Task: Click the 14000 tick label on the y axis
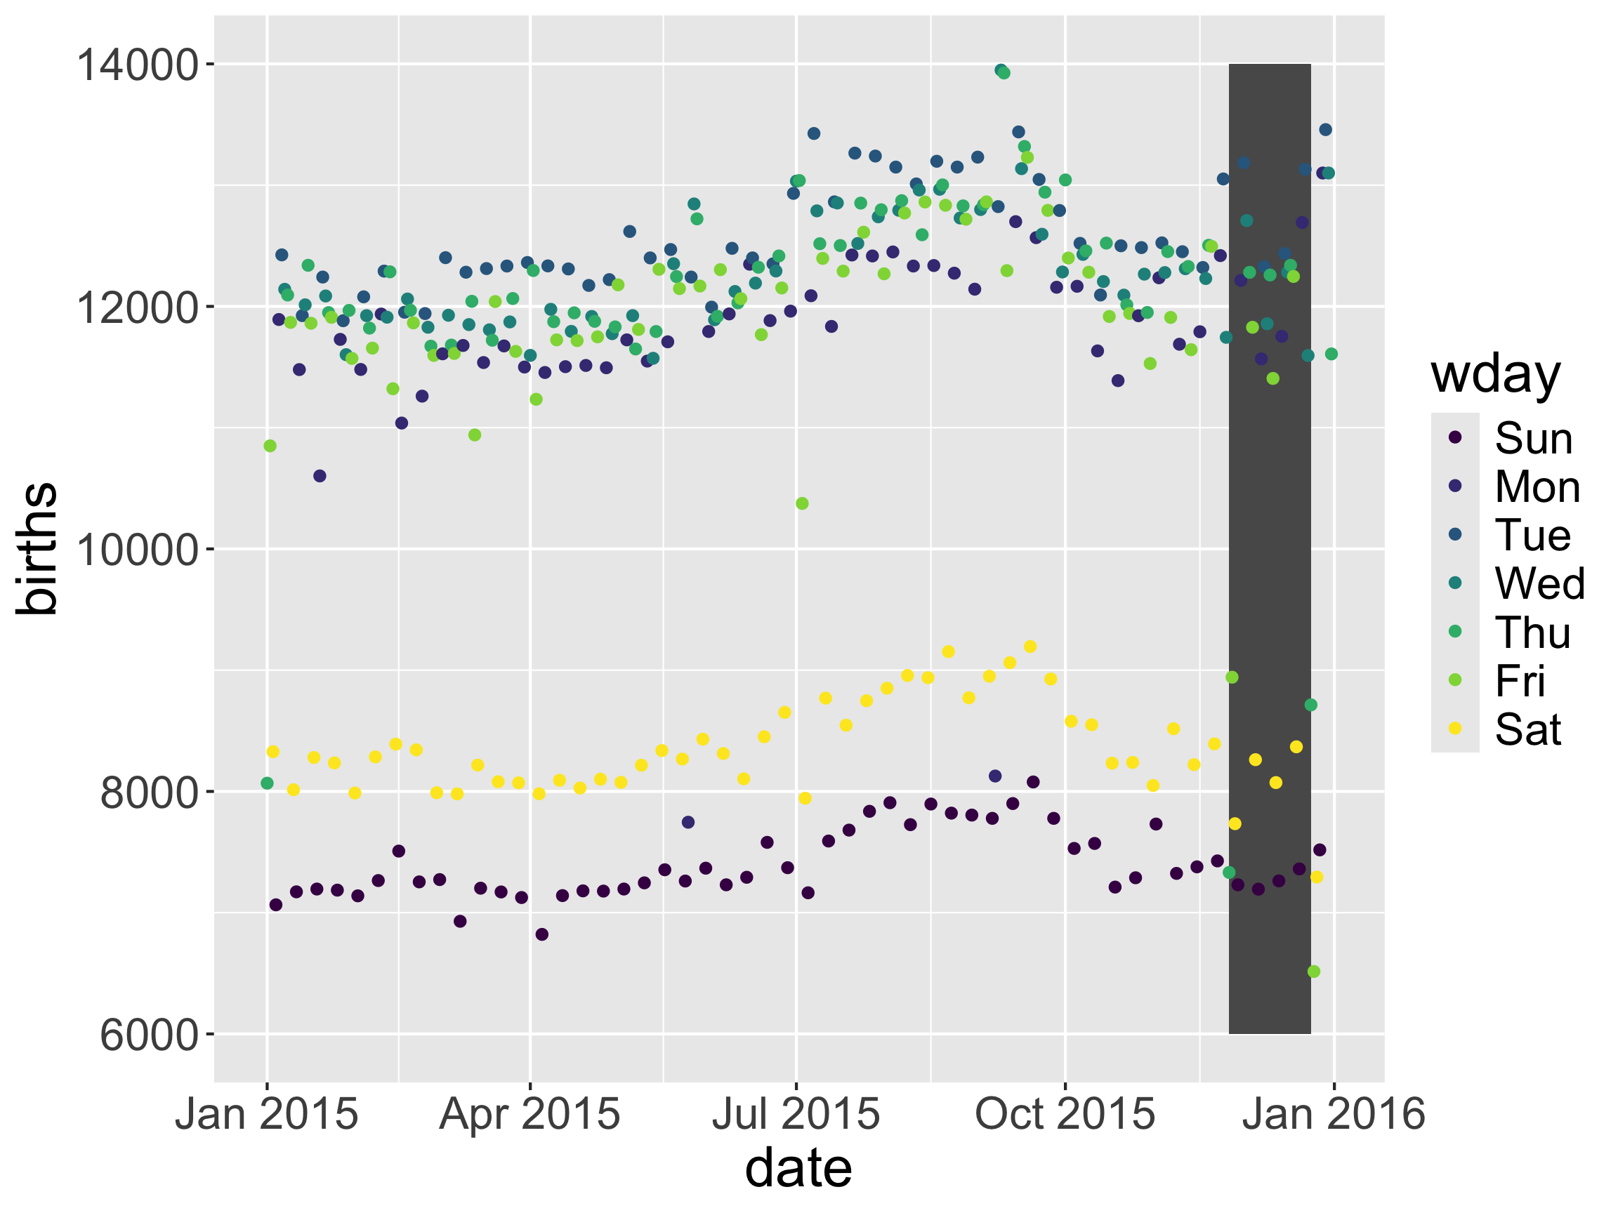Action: (138, 65)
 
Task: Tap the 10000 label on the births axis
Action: (138, 550)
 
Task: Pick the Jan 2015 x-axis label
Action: (266, 1114)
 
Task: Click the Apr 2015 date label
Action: (530, 1114)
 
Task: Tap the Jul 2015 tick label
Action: (796, 1114)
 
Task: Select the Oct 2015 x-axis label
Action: (1065, 1114)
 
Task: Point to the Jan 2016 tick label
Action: (1334, 1114)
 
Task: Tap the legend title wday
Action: (1496, 375)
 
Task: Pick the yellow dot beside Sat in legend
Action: (1455, 728)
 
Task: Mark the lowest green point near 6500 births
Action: (1314, 972)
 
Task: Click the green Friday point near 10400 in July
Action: (802, 504)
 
